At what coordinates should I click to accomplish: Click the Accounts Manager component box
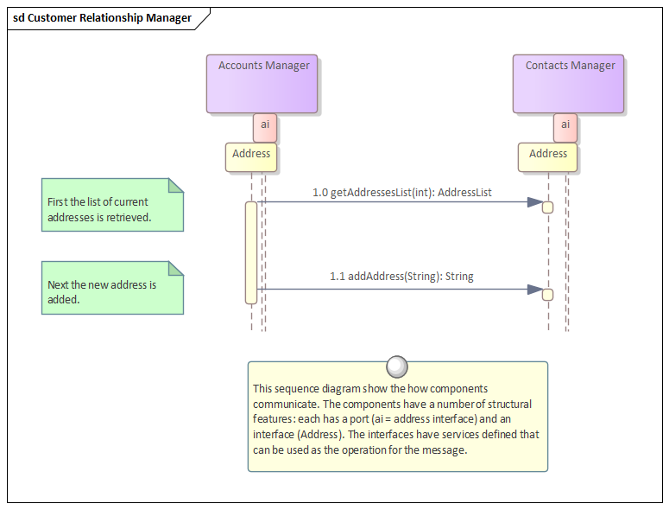[x=262, y=84]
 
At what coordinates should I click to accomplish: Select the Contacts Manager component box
[x=568, y=84]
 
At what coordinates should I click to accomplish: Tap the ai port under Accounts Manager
[x=264, y=126]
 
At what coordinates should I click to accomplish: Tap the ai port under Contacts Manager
[x=565, y=126]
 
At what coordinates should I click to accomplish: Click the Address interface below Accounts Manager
[x=251, y=156]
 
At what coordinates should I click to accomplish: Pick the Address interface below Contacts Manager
[x=547, y=156]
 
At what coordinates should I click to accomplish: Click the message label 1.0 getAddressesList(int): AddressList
[x=402, y=192]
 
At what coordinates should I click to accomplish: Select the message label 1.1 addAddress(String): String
[x=401, y=277]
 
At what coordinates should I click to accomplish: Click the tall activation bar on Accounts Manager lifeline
[x=251, y=252]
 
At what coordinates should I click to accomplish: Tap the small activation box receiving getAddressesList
[x=547, y=207]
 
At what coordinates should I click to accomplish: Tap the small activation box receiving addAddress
[x=547, y=295]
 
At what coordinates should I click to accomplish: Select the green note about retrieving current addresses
[x=112, y=205]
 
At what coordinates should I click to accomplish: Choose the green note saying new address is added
[x=112, y=288]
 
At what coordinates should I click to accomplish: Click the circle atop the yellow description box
[x=397, y=367]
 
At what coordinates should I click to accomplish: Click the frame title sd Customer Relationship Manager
[x=102, y=18]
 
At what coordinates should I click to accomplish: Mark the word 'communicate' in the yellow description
[x=282, y=404]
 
